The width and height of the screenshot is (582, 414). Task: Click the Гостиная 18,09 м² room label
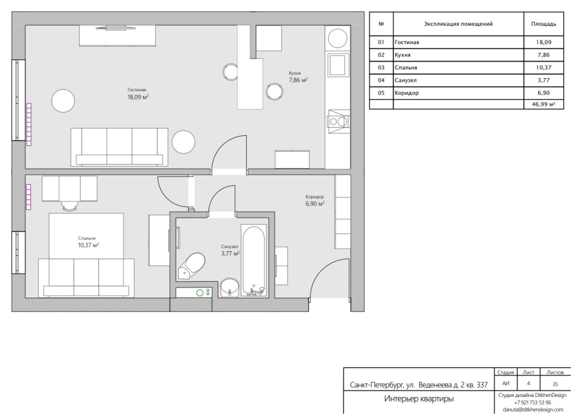click(138, 94)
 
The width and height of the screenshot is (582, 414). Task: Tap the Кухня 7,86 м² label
click(299, 77)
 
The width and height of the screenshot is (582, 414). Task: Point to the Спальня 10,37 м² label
click(88, 242)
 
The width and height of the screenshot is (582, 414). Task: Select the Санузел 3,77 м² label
click(230, 251)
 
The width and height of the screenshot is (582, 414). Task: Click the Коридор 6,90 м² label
click(315, 201)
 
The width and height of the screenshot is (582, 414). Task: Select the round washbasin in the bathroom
click(230, 288)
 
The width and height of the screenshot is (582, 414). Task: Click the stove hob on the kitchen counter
click(338, 121)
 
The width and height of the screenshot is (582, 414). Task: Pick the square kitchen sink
click(338, 65)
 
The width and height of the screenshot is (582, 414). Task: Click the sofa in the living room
click(119, 147)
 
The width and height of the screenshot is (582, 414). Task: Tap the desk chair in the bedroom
click(71, 206)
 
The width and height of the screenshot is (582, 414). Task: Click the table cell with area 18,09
click(543, 42)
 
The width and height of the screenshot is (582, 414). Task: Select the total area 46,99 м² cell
click(543, 104)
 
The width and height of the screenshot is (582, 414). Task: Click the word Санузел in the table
click(406, 80)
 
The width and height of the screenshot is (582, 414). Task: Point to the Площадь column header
click(543, 24)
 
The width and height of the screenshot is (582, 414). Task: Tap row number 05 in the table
click(381, 93)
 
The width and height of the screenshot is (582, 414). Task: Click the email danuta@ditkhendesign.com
click(533, 409)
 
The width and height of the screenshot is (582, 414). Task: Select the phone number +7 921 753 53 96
click(533, 402)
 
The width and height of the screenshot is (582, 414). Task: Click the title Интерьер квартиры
click(419, 399)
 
